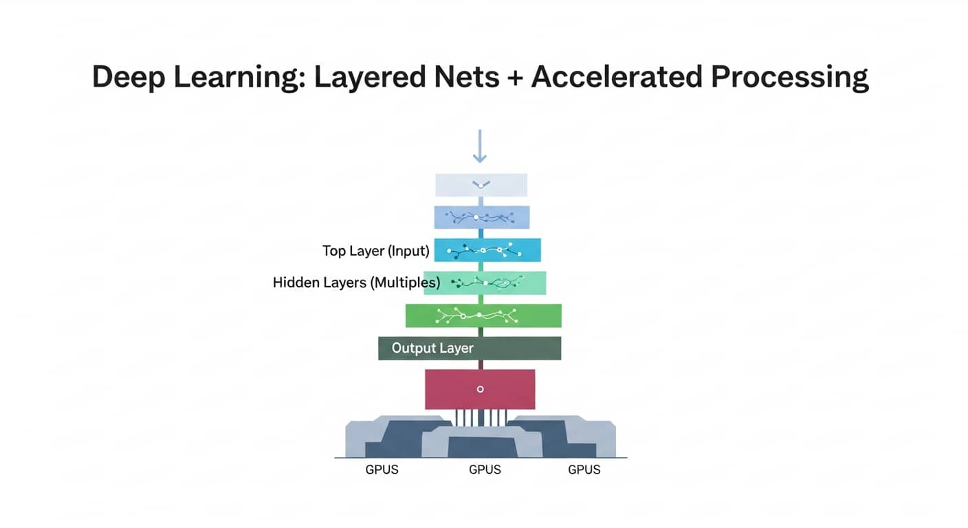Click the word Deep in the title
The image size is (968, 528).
pos(130,78)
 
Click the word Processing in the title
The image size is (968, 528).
pos(790,78)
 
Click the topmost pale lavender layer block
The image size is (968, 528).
pos(481,185)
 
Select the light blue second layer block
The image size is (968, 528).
pos(481,217)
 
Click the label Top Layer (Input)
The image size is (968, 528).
pos(375,251)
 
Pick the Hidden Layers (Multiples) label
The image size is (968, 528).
pos(356,283)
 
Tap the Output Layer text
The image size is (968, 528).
pos(432,348)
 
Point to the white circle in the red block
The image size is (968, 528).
pos(480,389)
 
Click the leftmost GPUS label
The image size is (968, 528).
pos(382,470)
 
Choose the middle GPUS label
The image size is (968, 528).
pos(485,470)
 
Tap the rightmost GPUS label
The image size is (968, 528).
pos(584,470)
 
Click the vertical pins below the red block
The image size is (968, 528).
pos(481,417)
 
